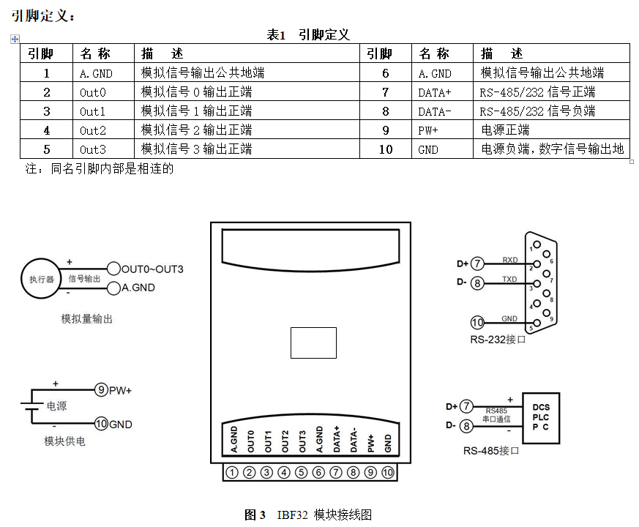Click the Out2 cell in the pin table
pos(93,130)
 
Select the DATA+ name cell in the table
pos(435,92)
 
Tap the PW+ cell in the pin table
pos(428,130)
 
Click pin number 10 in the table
pos(386,149)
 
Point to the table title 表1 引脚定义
pos(307,34)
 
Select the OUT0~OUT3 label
pos(152,269)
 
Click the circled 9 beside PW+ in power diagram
pos(102,390)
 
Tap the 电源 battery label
pos(56,406)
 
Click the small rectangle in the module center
pos(313,343)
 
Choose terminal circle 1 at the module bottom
pos(232,472)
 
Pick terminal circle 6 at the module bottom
pos(318,472)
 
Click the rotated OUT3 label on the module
pos(302,440)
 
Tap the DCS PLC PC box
pos(541,417)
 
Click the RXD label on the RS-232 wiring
pos(509,260)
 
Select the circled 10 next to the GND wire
pos(477,322)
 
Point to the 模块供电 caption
pos(64,441)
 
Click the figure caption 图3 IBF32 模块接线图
pos(308,515)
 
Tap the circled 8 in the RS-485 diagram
pos(465,426)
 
